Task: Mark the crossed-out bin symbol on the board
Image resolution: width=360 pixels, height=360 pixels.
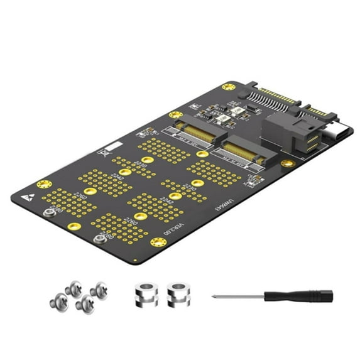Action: [101, 152]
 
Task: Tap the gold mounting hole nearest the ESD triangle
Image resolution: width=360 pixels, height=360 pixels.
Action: [44, 184]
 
